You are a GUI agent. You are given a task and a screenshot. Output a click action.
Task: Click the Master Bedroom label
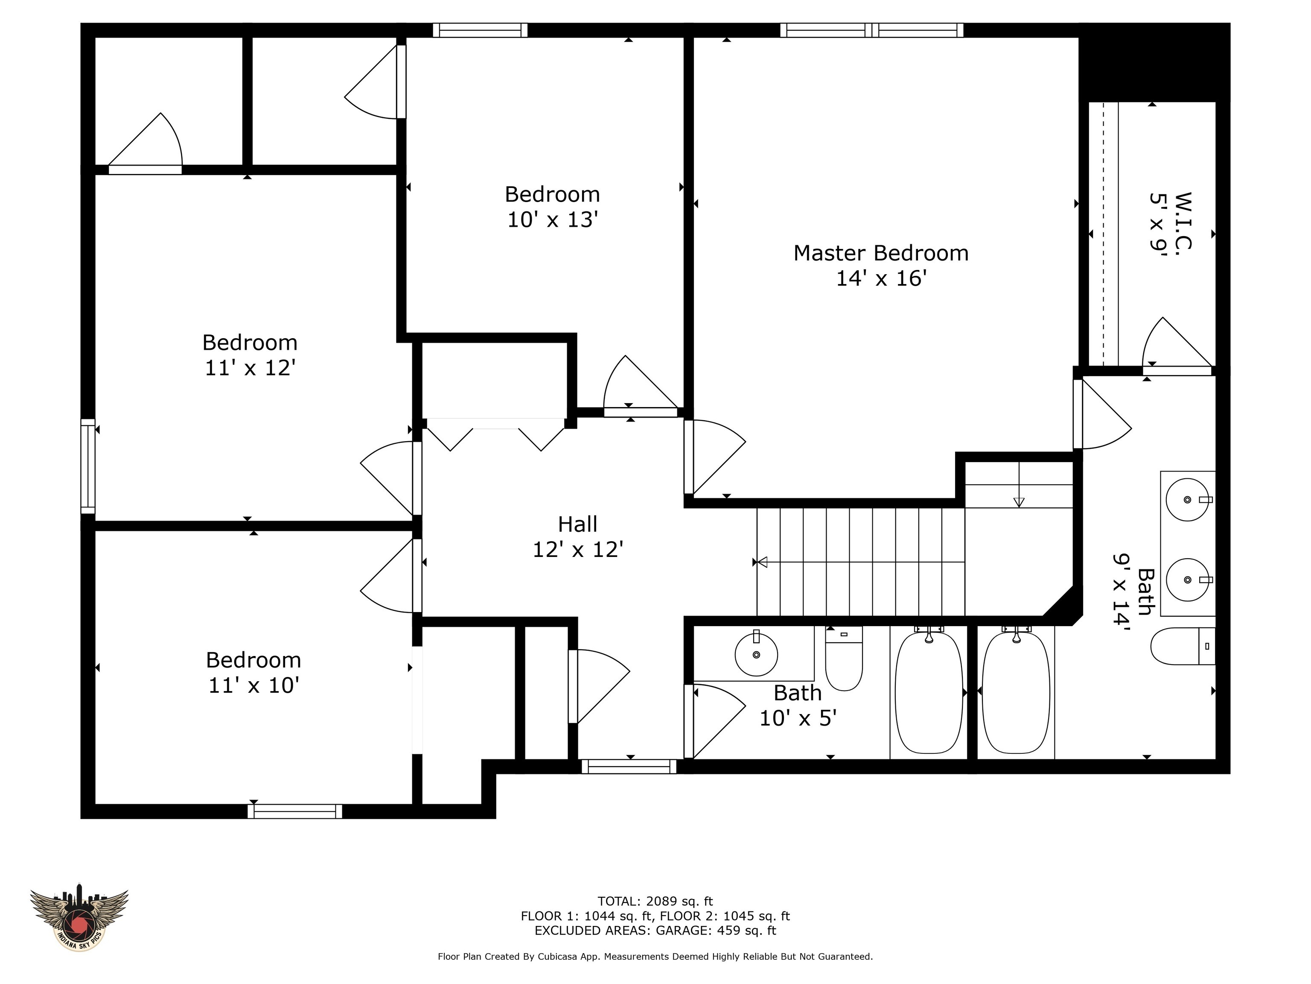[x=881, y=253]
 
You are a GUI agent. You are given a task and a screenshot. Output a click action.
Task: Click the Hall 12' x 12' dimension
[x=577, y=550]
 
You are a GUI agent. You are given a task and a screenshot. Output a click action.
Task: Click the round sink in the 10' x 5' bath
[x=756, y=654]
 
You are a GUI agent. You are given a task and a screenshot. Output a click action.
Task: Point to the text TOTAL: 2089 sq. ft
[x=655, y=902]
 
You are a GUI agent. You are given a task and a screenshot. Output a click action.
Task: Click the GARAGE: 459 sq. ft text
[x=715, y=931]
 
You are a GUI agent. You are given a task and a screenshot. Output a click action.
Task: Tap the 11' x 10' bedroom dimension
[x=253, y=685]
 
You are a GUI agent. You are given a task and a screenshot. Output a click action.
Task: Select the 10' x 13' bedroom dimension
[x=552, y=220]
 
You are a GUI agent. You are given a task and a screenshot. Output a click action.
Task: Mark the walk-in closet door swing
[x=1175, y=344]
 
